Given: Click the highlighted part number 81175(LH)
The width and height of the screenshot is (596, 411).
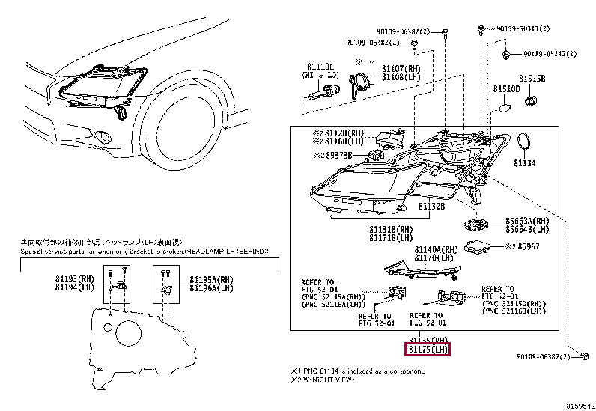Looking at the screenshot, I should pos(428,349).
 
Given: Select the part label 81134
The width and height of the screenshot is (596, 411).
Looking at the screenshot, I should pos(525,162).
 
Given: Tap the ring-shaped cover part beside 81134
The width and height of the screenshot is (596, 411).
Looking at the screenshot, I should pos(525,142).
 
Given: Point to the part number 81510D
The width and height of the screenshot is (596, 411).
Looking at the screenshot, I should pos(506,88).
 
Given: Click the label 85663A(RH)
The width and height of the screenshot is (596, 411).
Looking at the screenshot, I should pos(521,222).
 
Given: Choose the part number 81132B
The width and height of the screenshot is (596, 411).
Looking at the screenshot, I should pos(432,206).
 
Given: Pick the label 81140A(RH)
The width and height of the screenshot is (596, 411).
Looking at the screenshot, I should pos(437,249).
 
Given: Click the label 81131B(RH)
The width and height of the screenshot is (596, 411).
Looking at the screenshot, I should pos(390,230).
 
